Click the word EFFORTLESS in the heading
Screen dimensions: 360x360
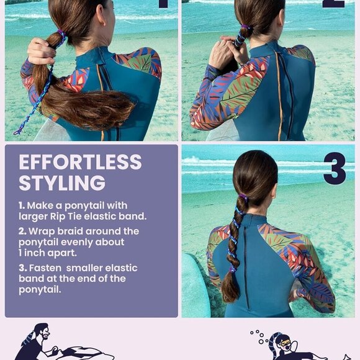click(80, 162)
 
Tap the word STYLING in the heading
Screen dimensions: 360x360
click(62, 183)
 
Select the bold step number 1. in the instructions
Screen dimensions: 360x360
click(22, 205)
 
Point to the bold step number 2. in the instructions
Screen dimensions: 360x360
click(22, 231)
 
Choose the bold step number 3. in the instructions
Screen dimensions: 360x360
click(22, 268)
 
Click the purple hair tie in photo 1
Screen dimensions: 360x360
click(61, 34)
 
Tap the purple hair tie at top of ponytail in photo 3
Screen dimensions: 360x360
click(243, 197)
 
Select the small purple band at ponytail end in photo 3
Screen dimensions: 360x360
click(233, 269)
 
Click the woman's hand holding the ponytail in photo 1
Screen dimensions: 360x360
click(42, 51)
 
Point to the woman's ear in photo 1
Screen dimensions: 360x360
click(101, 14)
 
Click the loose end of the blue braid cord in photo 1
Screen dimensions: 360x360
click(17, 132)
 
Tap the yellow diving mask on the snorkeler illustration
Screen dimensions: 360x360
click(284, 343)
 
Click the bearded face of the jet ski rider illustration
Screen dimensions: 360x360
click(44, 333)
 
